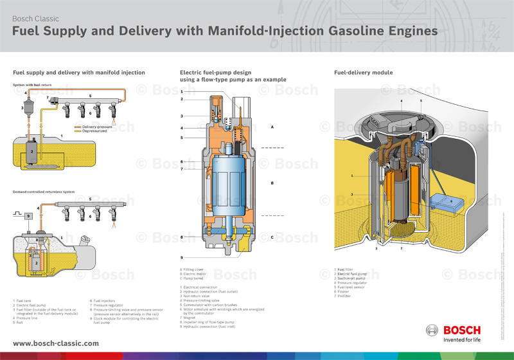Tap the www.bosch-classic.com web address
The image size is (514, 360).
[x=56, y=343]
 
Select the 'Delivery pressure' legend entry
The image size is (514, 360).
[x=97, y=127]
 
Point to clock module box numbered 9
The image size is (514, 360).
[x=29, y=216]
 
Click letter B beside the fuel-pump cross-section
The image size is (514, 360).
[x=272, y=183]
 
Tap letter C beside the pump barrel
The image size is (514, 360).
[x=272, y=237]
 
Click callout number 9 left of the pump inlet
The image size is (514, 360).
[x=182, y=258]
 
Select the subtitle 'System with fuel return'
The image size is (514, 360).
[x=31, y=85]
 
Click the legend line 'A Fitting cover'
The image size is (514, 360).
[x=194, y=269]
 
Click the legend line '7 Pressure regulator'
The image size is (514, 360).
[x=116, y=305]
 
